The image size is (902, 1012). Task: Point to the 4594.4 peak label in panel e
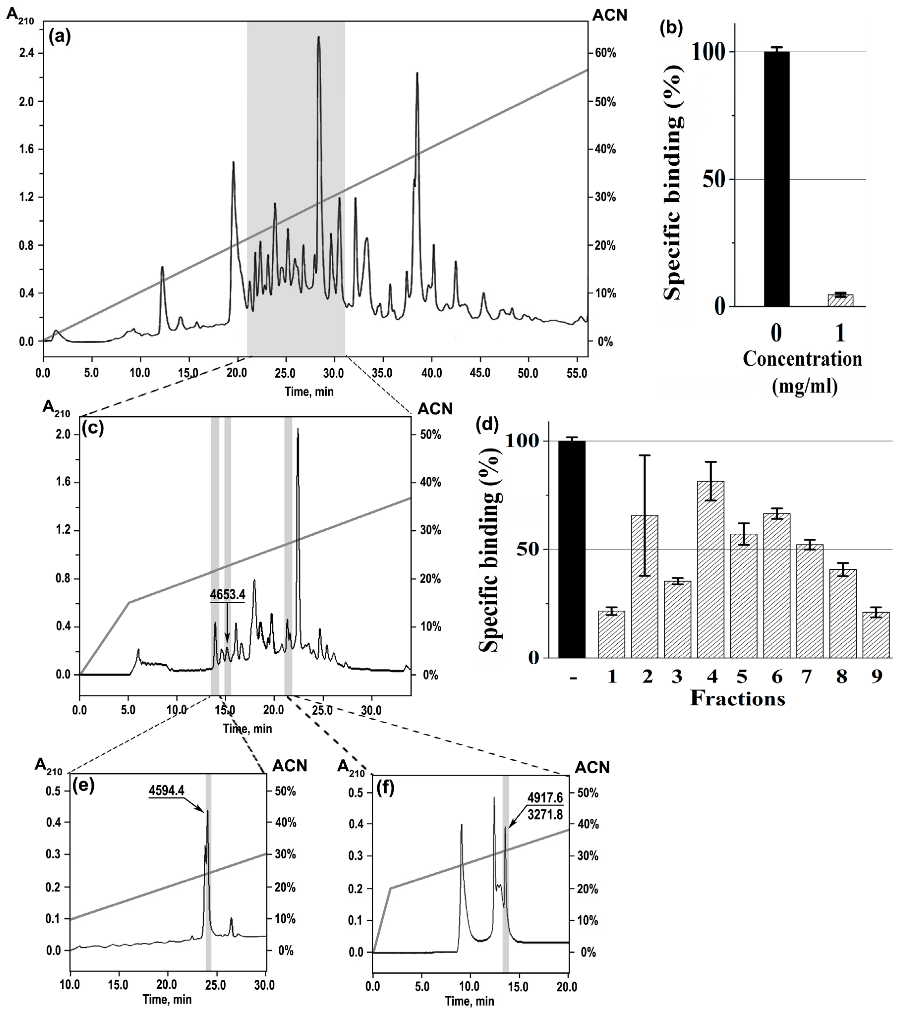[167, 790]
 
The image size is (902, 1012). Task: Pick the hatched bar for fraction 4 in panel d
[711, 570]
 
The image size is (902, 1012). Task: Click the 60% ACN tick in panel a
[605, 54]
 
